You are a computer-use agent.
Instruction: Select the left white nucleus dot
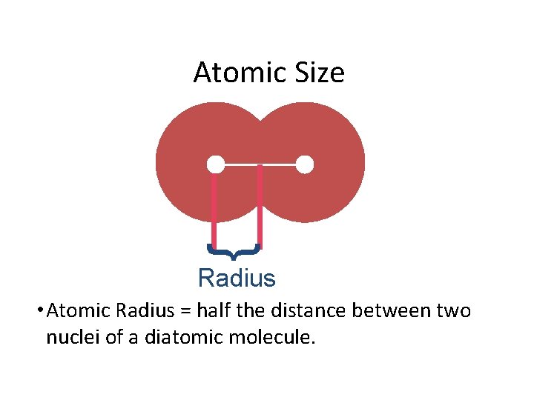pos(215,164)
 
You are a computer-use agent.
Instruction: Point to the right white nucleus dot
pos(305,164)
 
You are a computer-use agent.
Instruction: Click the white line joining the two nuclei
pos(260,164)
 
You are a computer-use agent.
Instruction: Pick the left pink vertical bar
pos(214,207)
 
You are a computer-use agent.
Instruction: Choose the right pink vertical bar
pos(260,207)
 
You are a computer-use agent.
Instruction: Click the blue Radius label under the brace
pos(237,279)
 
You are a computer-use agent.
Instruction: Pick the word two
pos(453,311)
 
